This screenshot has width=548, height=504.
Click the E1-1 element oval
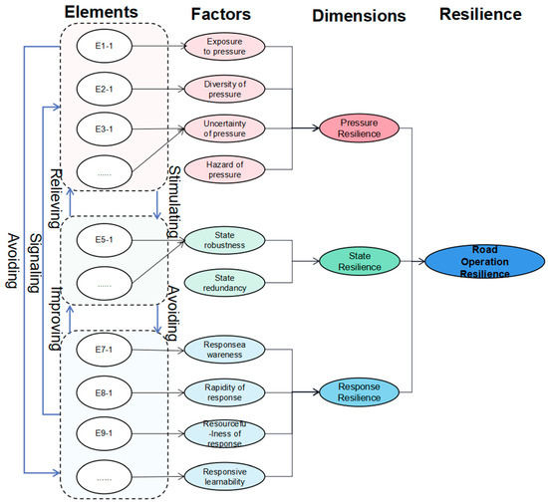(x=98, y=46)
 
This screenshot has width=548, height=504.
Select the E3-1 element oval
(x=98, y=128)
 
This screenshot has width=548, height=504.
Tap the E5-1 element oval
(x=98, y=240)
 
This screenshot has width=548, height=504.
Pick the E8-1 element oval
(x=98, y=392)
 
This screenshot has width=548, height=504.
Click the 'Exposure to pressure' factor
(x=225, y=46)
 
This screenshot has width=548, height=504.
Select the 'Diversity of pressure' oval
(x=225, y=88)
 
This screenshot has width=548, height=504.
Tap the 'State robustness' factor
(x=225, y=240)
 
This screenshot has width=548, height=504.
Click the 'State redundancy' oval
(x=225, y=282)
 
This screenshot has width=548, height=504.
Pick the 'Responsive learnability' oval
(x=225, y=476)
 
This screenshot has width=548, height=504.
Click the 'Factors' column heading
(x=222, y=15)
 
